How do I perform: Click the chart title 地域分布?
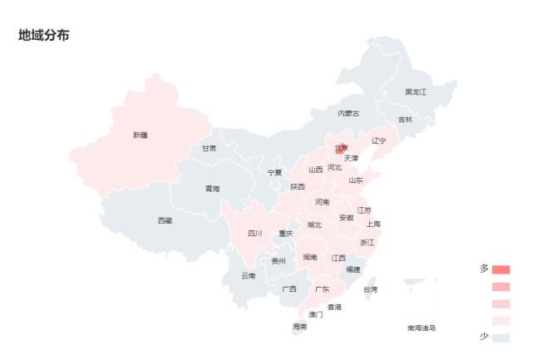coord(44,36)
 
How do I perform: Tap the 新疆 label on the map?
coord(140,135)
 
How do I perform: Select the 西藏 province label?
coord(165,220)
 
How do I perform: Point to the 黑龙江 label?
coord(416,91)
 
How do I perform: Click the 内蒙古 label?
coord(348,113)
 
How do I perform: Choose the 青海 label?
coord(213,189)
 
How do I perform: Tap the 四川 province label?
coord(254,234)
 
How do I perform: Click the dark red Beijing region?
coord(341,149)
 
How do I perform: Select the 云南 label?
coord(249,275)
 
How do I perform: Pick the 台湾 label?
coord(370,289)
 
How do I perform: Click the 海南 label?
coord(299,327)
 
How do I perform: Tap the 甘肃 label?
coord(209,148)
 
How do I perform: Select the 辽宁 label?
coord(379,141)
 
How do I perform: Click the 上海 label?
coord(373,224)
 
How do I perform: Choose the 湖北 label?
coord(314,224)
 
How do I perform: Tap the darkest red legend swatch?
coord(501,269)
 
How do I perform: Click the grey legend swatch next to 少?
coord(501,338)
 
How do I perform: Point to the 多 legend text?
coord(484,269)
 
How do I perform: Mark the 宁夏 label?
coord(274,172)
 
